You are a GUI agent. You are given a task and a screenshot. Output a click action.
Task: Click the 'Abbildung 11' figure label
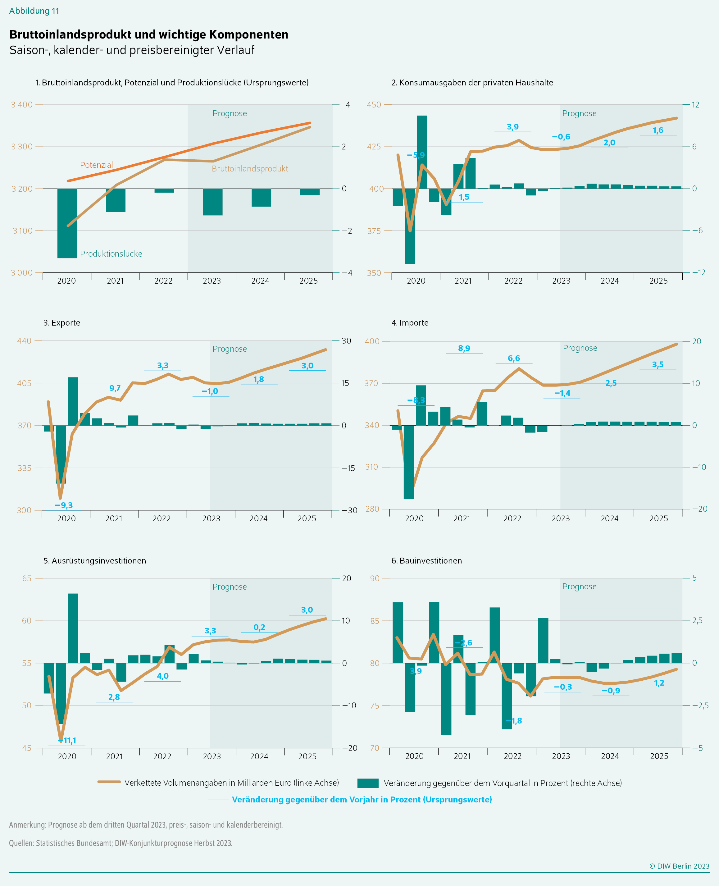[x=34, y=11]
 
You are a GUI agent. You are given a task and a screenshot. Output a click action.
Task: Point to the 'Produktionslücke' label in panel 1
[x=111, y=254]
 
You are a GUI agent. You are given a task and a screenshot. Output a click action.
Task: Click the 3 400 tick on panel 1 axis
[x=21, y=105]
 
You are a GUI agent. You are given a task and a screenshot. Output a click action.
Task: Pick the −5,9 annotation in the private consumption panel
[x=416, y=155]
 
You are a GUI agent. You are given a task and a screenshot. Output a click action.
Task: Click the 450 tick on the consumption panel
[x=374, y=105]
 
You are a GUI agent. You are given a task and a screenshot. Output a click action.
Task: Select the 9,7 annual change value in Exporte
[x=115, y=388]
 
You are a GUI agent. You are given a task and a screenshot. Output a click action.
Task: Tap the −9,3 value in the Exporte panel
[x=64, y=505]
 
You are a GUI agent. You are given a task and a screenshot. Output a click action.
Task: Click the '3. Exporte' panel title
[x=62, y=323]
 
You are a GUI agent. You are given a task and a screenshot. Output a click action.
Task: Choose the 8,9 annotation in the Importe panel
[x=464, y=348]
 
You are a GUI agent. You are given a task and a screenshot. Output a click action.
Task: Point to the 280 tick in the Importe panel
[x=372, y=509]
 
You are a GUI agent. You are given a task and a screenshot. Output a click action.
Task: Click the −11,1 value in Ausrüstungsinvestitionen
[x=67, y=740]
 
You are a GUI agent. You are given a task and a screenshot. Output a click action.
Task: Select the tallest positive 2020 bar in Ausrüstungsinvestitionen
[x=73, y=628]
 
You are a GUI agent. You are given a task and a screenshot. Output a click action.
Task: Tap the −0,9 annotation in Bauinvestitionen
[x=611, y=691]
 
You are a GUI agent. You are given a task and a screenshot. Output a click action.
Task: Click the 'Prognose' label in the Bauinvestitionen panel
[x=579, y=587]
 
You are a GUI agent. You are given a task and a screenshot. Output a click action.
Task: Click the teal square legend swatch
[x=367, y=783]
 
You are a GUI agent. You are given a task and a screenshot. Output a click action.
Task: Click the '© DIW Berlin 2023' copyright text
[x=679, y=866]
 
